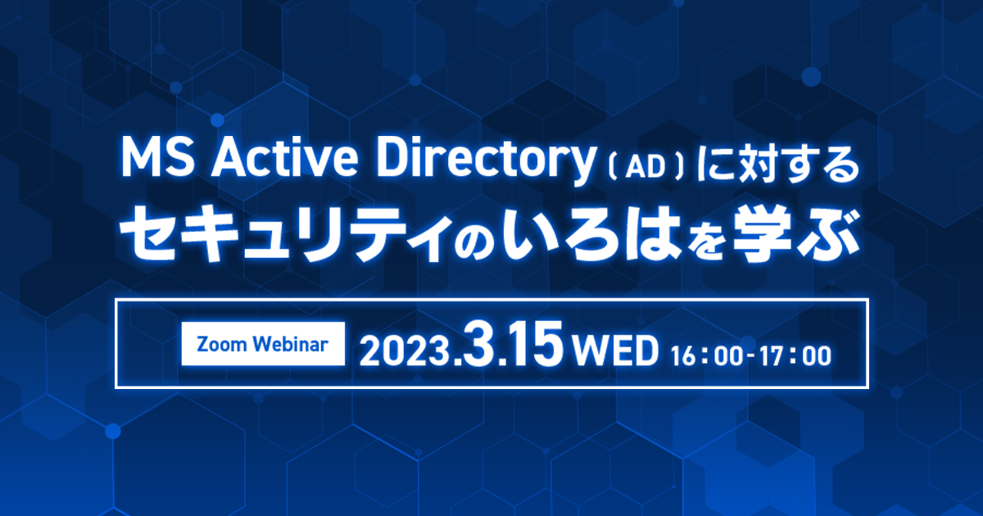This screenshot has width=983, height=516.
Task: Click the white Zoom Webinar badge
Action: point(263,344)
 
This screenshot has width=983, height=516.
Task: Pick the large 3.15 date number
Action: point(512,348)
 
